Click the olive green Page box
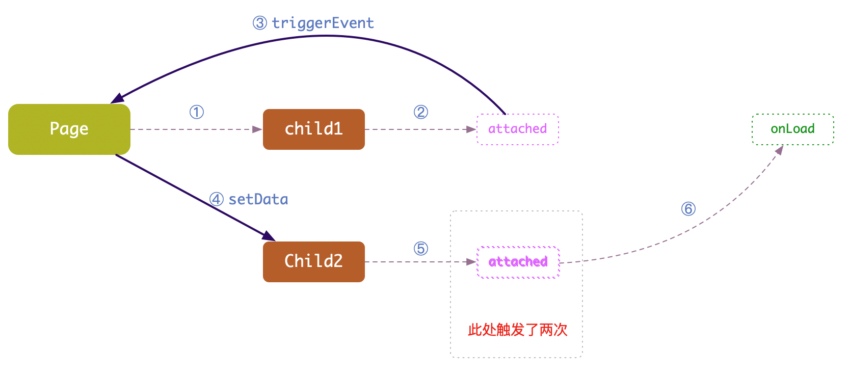click(x=69, y=129)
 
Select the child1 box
click(x=313, y=129)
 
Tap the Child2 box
click(x=313, y=262)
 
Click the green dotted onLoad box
click(x=792, y=129)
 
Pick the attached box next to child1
click(x=517, y=129)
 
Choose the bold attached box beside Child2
click(x=518, y=262)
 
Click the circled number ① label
click(x=197, y=112)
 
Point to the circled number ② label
click(x=421, y=112)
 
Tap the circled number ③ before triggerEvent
click(x=260, y=23)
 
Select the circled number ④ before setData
click(x=217, y=199)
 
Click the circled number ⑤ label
click(x=421, y=249)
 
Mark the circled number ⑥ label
click(x=688, y=209)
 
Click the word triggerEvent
click(x=323, y=23)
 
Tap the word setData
click(x=258, y=199)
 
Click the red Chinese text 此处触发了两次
click(x=517, y=330)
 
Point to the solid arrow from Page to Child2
click(x=194, y=196)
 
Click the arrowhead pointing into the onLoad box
click(x=779, y=150)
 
